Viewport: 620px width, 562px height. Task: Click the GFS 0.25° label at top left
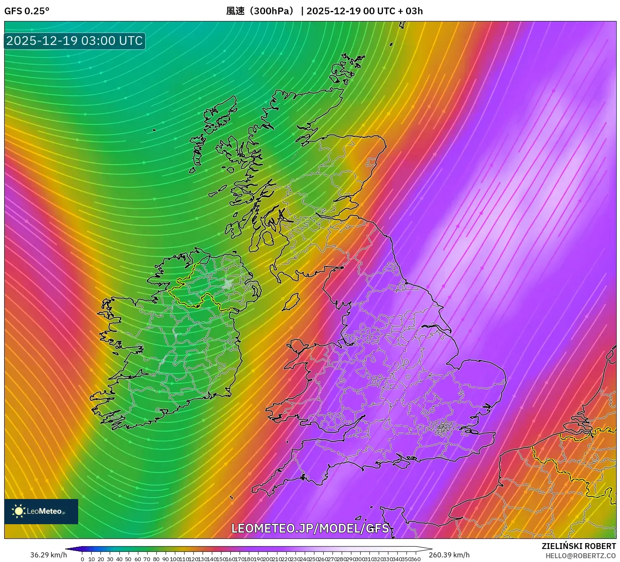coord(26,11)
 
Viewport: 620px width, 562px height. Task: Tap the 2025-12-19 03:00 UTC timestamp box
coord(75,41)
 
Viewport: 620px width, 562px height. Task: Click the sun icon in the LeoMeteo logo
coord(19,511)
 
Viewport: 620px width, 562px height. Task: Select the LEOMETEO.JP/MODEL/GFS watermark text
coord(310,528)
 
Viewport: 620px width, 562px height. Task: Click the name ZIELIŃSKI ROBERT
coord(578,546)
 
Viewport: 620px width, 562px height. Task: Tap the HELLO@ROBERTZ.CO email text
coord(580,556)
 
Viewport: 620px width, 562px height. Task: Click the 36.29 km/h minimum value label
coord(48,555)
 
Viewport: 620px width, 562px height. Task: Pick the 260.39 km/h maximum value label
coord(449,555)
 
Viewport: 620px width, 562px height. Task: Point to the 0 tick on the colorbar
coord(82,559)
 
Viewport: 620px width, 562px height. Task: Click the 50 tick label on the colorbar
coord(128,559)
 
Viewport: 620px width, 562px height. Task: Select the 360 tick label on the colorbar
coord(415,559)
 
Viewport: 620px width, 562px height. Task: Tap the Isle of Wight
coord(401,463)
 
